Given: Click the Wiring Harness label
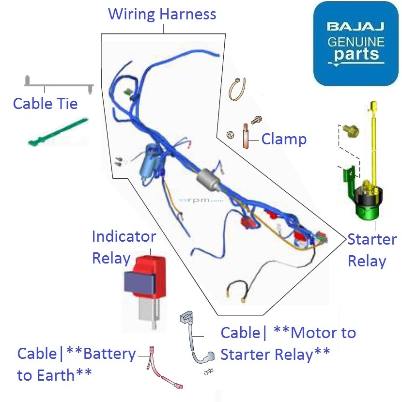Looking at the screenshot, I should point(162,14).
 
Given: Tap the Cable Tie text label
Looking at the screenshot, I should point(45,103).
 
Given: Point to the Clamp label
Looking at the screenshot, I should point(284,139).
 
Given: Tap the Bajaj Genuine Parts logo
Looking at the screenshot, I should point(356,44).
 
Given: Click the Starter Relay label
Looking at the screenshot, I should point(371,250).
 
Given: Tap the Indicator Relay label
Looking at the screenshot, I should point(124,247).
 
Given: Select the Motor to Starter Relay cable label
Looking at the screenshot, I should point(288,343).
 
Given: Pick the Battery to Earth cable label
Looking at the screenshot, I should point(76,364).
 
